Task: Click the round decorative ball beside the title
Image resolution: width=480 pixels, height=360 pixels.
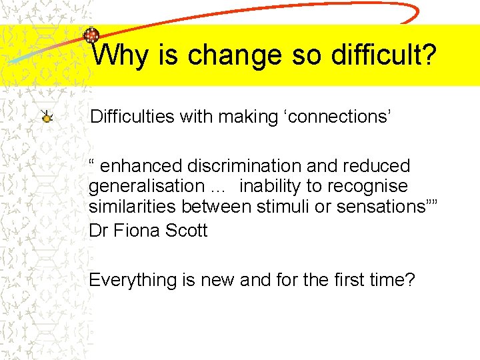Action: coord(91,35)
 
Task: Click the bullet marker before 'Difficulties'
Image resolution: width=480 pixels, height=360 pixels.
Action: coord(46,118)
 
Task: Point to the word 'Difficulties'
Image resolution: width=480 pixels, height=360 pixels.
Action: coord(132,117)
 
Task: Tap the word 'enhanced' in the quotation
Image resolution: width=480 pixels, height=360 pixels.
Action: coord(141,166)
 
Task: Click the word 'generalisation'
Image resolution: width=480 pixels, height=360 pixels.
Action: coord(147,186)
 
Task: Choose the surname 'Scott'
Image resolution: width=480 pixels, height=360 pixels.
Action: coord(189,231)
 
